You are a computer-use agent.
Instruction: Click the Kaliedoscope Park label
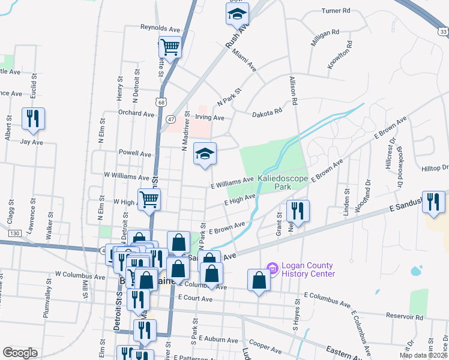[283, 183]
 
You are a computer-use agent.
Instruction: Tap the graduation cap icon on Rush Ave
[237, 13]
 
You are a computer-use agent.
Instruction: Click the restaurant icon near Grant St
[298, 211]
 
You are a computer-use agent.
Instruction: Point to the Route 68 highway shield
[160, 102]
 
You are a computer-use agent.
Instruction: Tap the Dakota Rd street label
[267, 112]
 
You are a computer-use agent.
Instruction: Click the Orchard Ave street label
[133, 112]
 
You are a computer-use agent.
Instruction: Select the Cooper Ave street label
[261, 344]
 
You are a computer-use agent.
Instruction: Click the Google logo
[20, 353]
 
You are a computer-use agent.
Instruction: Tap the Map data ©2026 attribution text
[423, 355]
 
